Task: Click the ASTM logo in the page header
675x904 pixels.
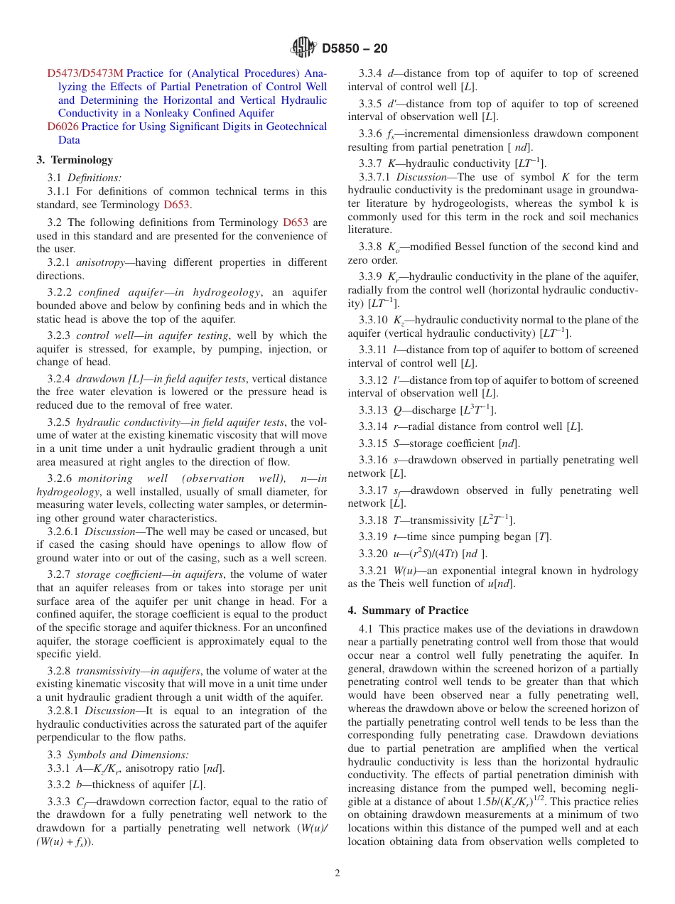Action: pos(303,48)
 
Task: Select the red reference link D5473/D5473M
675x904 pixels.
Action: pos(85,73)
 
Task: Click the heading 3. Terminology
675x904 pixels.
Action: pos(75,160)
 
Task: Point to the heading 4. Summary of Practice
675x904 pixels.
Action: pos(408,610)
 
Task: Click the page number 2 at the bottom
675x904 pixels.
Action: pos(337,873)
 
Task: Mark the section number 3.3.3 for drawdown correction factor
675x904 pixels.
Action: pos(60,802)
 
